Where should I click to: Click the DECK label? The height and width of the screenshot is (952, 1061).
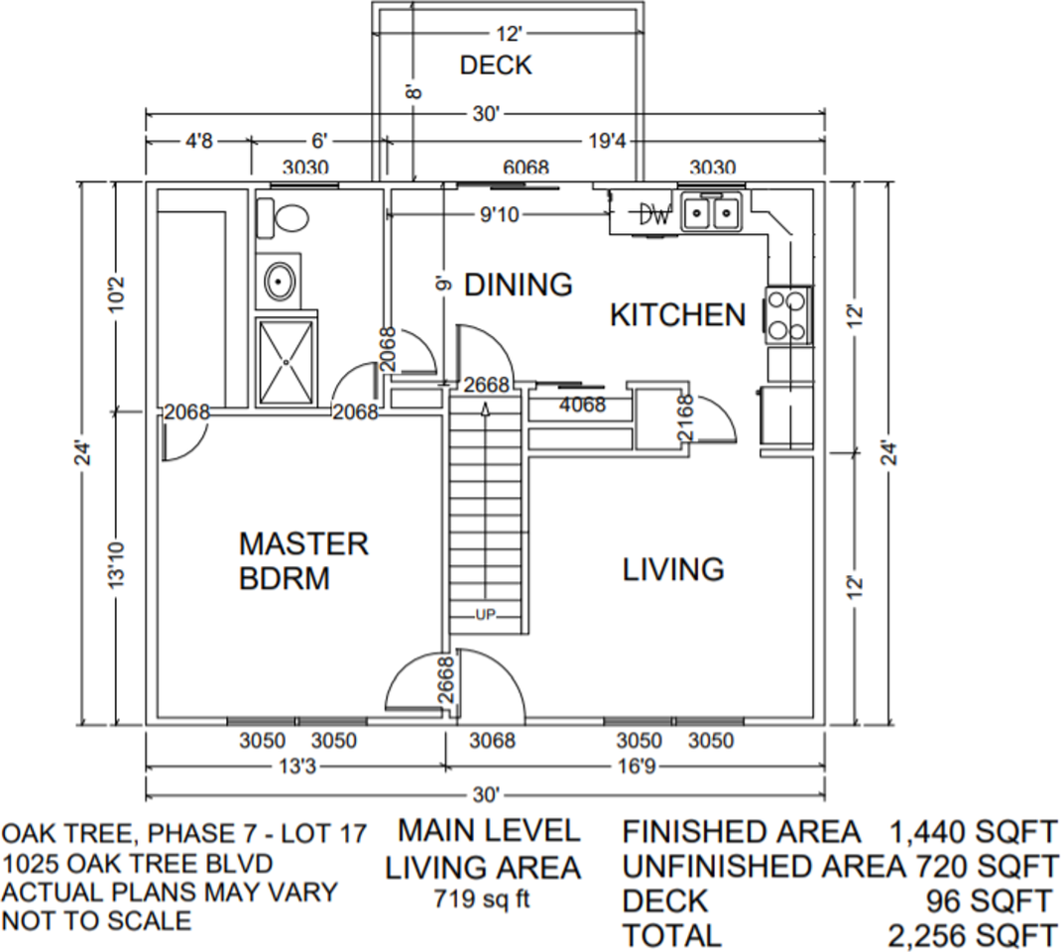pyautogui.click(x=496, y=65)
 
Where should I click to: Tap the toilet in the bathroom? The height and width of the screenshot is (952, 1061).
pyautogui.click(x=281, y=216)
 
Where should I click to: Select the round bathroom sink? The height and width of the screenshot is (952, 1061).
pyautogui.click(x=279, y=282)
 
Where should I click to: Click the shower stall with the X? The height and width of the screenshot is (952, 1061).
pyautogui.click(x=287, y=362)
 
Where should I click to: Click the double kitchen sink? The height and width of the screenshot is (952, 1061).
pyautogui.click(x=711, y=212)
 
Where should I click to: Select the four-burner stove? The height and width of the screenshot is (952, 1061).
pyautogui.click(x=788, y=314)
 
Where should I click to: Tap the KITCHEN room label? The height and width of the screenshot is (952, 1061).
pyautogui.click(x=677, y=315)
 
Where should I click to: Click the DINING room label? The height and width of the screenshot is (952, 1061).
pyautogui.click(x=519, y=285)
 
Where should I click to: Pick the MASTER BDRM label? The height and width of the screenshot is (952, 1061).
pyautogui.click(x=303, y=560)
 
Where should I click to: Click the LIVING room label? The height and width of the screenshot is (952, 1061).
pyautogui.click(x=673, y=569)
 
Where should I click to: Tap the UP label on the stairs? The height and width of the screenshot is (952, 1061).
pyautogui.click(x=485, y=615)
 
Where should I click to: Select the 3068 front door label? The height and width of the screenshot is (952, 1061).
pyautogui.click(x=492, y=741)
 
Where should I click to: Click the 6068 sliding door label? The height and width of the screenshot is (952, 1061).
pyautogui.click(x=526, y=169)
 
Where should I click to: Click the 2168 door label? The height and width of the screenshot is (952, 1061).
pyautogui.click(x=684, y=419)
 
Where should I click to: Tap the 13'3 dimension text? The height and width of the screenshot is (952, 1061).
pyautogui.click(x=296, y=767)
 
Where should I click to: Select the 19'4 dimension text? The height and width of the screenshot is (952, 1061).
pyautogui.click(x=606, y=142)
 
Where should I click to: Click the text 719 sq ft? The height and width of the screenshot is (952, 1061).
pyautogui.click(x=483, y=900)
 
